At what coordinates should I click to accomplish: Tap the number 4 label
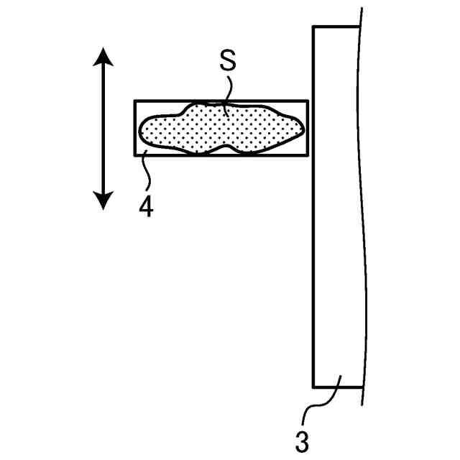coord(146,207)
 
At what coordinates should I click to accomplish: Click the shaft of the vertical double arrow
coord(103,129)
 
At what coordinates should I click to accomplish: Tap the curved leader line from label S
coord(226,93)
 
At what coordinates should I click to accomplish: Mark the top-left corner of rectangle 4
coord(135,101)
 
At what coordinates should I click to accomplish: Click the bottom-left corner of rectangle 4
coord(135,156)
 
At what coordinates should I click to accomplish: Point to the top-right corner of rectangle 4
coord(308,101)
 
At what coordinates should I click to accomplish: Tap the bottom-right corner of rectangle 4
coord(308,156)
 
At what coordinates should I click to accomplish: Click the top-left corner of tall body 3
coord(313,27)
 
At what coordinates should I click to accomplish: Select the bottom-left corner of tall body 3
coord(313,387)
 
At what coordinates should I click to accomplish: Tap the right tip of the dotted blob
coord(303,129)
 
